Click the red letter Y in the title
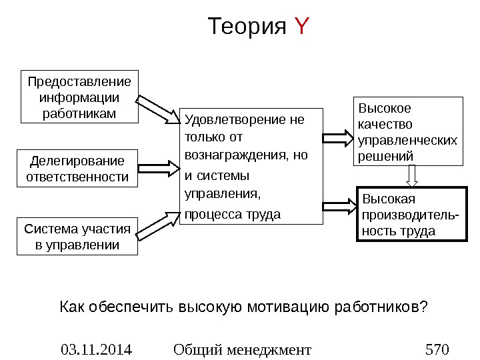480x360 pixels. (302, 28)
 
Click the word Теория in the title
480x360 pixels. (247, 28)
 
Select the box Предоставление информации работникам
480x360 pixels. (79, 97)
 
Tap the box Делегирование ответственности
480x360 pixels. (77, 169)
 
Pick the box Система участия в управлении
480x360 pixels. (77, 237)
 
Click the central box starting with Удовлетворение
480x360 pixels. (251, 166)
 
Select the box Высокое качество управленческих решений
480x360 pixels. (409, 131)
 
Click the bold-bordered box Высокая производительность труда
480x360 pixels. (409, 215)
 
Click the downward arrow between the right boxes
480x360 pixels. (412, 175)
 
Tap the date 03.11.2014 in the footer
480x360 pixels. (96, 349)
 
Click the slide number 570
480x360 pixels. (437, 349)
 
